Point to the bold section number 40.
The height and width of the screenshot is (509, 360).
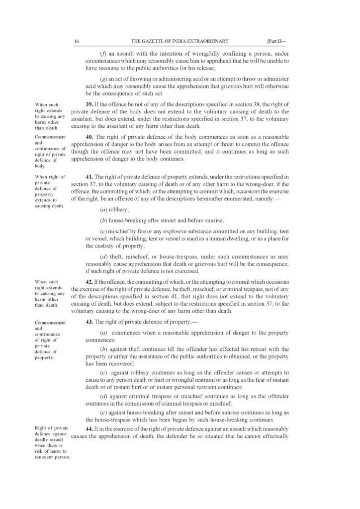[89, 136]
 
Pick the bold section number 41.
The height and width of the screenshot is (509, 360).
[90, 177]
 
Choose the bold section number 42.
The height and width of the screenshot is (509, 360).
[90, 281]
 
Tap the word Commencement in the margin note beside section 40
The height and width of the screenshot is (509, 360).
[47, 136]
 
